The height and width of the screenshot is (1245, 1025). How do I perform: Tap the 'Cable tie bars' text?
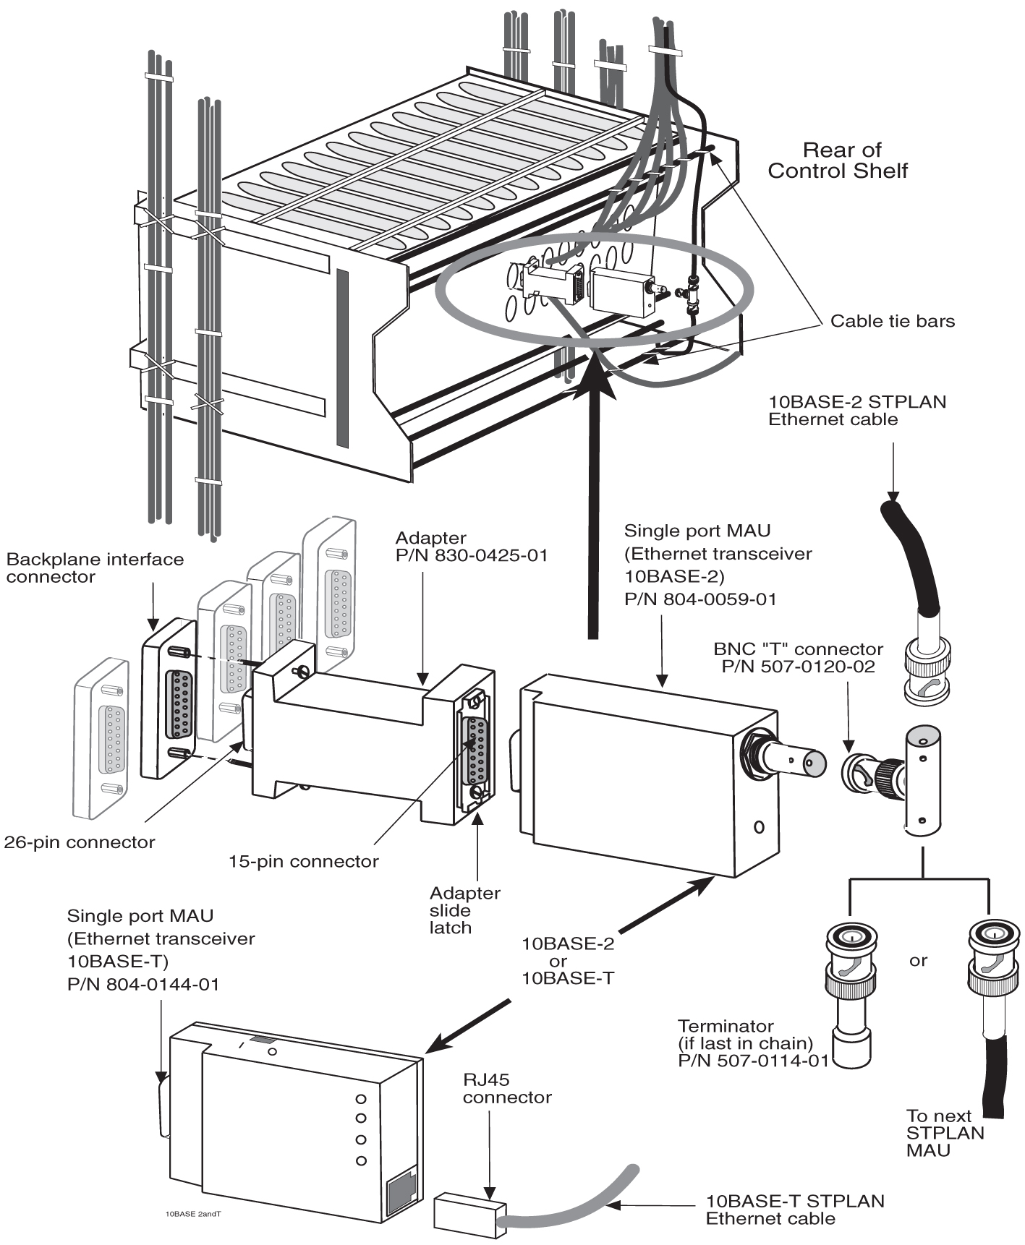coord(892,321)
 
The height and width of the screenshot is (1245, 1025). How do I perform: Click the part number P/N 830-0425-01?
coord(471,555)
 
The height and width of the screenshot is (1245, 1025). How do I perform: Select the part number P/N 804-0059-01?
coord(699,599)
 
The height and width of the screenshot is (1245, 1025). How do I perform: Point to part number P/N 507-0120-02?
coord(798,666)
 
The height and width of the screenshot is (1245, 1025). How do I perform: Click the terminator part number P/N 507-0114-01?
coord(752,1061)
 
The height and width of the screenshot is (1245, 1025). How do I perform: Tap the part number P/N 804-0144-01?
coord(143,984)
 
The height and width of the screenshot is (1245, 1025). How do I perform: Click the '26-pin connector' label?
coord(80,842)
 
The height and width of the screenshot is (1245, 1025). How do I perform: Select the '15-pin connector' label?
coord(303,861)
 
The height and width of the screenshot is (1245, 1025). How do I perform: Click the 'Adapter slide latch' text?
coord(464,910)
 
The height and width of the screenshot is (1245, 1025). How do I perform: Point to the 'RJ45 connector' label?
coord(506,1088)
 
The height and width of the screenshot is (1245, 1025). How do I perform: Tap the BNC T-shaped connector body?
coord(922,781)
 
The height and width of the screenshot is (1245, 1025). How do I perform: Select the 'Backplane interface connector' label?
coord(94,568)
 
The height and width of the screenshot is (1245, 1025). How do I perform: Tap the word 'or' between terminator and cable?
coord(918,961)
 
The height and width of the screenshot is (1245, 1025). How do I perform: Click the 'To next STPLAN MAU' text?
coord(944,1132)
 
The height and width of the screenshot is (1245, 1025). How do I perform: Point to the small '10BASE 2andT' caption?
coord(192,1214)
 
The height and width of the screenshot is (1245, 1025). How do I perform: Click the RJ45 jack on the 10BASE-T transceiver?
coord(401,1192)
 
